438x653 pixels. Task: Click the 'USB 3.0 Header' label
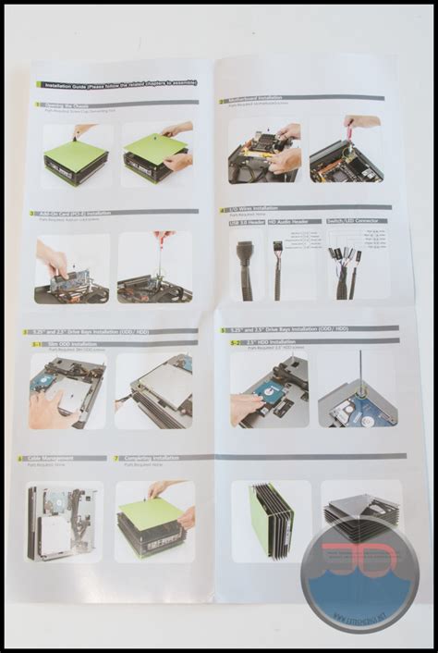(246, 222)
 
